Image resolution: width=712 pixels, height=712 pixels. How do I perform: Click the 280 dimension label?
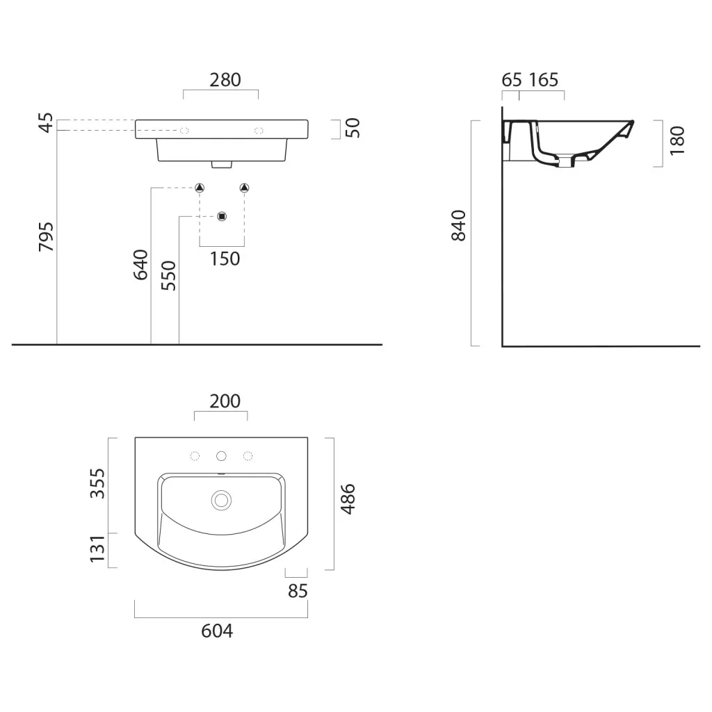pyautogui.click(x=225, y=80)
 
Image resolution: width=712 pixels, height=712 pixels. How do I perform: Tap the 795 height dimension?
pyautogui.click(x=46, y=236)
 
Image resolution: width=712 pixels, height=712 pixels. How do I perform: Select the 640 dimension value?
pyautogui.click(x=140, y=265)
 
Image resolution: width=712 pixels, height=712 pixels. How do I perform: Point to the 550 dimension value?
pyautogui.click(x=168, y=275)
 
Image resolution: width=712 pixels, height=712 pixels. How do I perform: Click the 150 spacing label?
pyautogui.click(x=225, y=259)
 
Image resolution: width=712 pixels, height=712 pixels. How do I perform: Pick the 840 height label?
pyautogui.click(x=459, y=226)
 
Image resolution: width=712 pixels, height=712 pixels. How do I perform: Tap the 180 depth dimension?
pyautogui.click(x=677, y=140)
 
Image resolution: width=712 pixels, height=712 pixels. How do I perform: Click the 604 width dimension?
pyautogui.click(x=217, y=631)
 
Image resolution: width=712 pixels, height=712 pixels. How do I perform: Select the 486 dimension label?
pyautogui.click(x=348, y=499)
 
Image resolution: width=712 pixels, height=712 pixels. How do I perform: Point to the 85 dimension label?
pyautogui.click(x=298, y=591)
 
